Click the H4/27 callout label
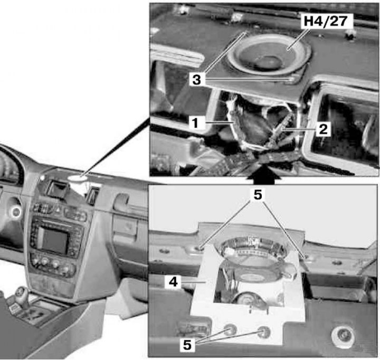tap(326, 21)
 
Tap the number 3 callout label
tap(196, 79)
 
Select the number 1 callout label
tap(196, 122)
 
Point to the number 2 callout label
tap(324, 129)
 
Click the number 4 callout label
tap(173, 282)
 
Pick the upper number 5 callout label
tap(258, 194)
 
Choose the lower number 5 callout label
tap(187, 345)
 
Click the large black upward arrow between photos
tap(264, 173)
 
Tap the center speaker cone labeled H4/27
tap(269, 55)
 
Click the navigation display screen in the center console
tap(53, 240)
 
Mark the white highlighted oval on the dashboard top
tap(78, 178)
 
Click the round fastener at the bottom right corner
tap(343, 335)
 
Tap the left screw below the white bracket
tap(229, 330)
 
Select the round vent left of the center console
tap(16, 212)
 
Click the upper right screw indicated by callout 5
tap(305, 257)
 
